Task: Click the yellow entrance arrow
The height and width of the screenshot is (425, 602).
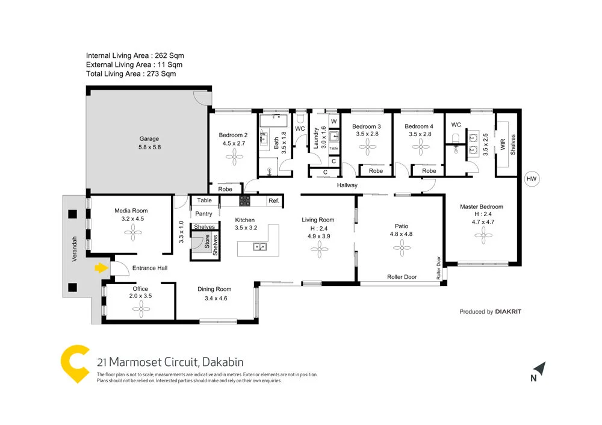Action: tap(100, 268)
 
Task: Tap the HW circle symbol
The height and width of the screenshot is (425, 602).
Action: tap(530, 178)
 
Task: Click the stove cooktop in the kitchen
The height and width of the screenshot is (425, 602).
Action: tap(245, 200)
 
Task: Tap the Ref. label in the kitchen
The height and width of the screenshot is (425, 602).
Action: tap(273, 200)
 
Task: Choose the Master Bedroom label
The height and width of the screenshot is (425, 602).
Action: tap(481, 206)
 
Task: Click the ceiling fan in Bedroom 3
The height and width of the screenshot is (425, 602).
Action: tap(367, 153)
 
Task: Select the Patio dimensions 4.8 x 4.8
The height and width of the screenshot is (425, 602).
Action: tap(401, 234)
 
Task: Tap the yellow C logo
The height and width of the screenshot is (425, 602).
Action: tap(75, 364)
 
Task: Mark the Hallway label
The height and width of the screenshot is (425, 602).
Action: tap(347, 185)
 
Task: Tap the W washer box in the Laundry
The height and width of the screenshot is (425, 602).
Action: tap(334, 122)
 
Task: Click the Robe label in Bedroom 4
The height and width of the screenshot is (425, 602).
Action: tap(429, 171)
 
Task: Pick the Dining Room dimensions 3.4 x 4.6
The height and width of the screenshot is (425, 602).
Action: tap(214, 298)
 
